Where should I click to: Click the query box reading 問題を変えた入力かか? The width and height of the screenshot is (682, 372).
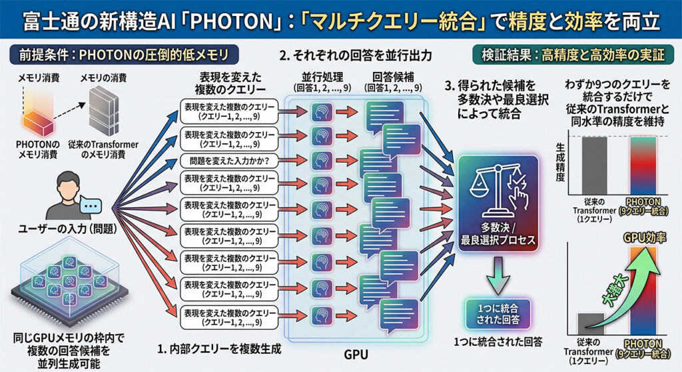point(229,161)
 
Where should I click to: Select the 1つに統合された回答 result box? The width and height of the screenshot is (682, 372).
point(498,313)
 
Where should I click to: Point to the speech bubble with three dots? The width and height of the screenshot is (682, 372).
point(91,205)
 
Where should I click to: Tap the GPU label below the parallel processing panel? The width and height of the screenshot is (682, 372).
point(356,355)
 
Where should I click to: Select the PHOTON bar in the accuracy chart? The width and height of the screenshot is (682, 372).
point(644,165)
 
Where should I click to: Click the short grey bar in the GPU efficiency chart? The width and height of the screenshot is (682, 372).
point(591,324)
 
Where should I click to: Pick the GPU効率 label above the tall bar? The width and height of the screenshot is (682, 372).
point(645,237)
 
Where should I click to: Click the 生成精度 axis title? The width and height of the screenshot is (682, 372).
point(560,162)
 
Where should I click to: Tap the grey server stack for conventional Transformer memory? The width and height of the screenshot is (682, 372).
point(103,111)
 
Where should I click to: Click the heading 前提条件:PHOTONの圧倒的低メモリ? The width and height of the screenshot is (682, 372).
point(123,55)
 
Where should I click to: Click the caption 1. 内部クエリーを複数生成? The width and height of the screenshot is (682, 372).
point(219,349)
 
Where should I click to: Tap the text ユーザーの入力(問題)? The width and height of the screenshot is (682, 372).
point(67,228)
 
